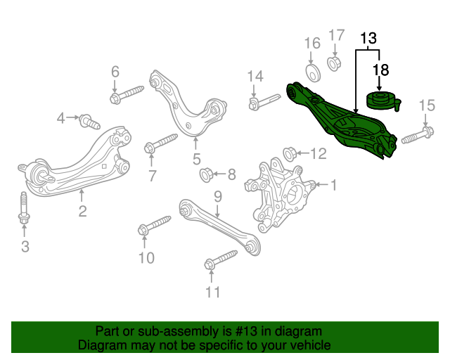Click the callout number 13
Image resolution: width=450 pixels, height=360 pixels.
[x=368, y=39]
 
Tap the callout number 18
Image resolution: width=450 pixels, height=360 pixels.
[x=380, y=70]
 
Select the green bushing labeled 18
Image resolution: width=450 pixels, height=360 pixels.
[x=383, y=101]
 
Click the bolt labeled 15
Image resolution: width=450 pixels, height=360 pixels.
[x=418, y=136]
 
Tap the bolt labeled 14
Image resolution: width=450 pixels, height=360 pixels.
[x=264, y=101]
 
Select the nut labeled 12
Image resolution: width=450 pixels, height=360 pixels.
[x=290, y=154]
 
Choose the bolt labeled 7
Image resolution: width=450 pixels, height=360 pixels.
[x=161, y=143]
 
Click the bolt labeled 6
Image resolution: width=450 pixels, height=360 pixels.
[x=127, y=94]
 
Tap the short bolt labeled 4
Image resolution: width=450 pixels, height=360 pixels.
[x=89, y=122]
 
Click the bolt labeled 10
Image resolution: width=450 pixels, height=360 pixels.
[x=155, y=225]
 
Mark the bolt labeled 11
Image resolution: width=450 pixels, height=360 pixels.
[x=221, y=260]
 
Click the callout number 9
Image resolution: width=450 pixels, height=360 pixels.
[x=218, y=197]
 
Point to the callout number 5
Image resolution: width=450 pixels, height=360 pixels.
[x=197, y=159]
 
